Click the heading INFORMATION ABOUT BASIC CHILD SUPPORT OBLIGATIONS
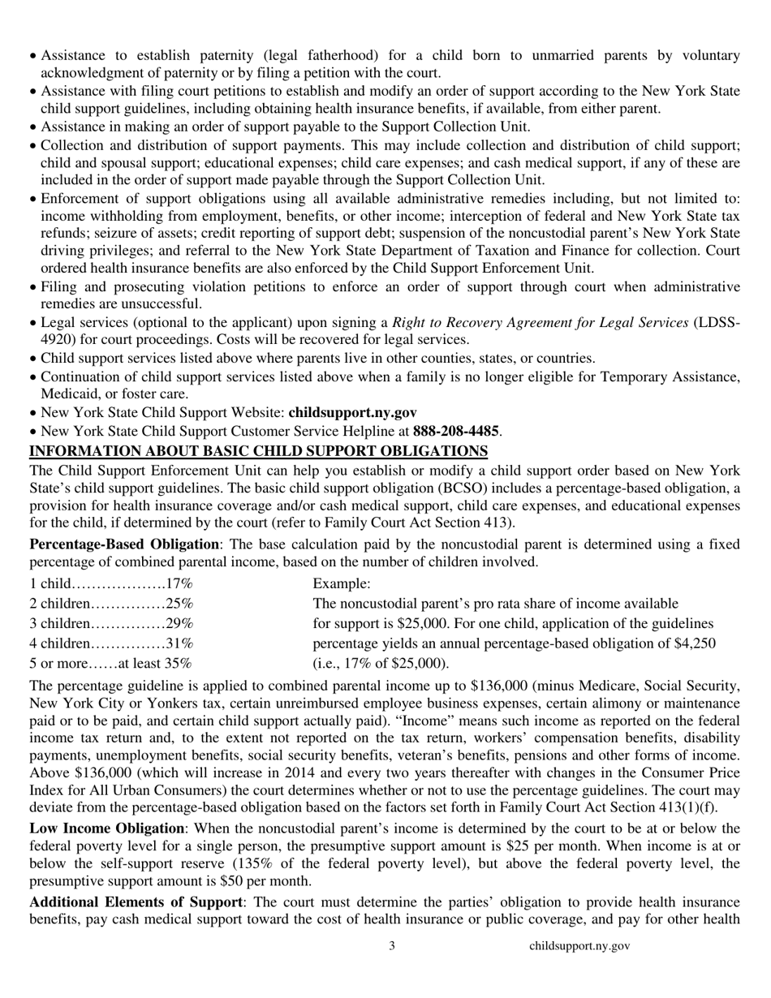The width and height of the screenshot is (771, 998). [x=258, y=450]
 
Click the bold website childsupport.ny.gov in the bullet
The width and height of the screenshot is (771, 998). [x=352, y=412]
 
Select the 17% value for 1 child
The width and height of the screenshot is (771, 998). [x=179, y=583]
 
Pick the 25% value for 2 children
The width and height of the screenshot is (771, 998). [x=179, y=604]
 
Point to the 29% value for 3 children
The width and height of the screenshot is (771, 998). [x=179, y=623]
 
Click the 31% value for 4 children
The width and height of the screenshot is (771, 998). [x=179, y=643]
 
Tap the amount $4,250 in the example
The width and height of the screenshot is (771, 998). [x=695, y=643]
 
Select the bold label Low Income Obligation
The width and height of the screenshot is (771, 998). [x=106, y=828]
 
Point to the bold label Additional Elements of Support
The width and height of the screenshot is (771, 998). [x=135, y=901]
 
